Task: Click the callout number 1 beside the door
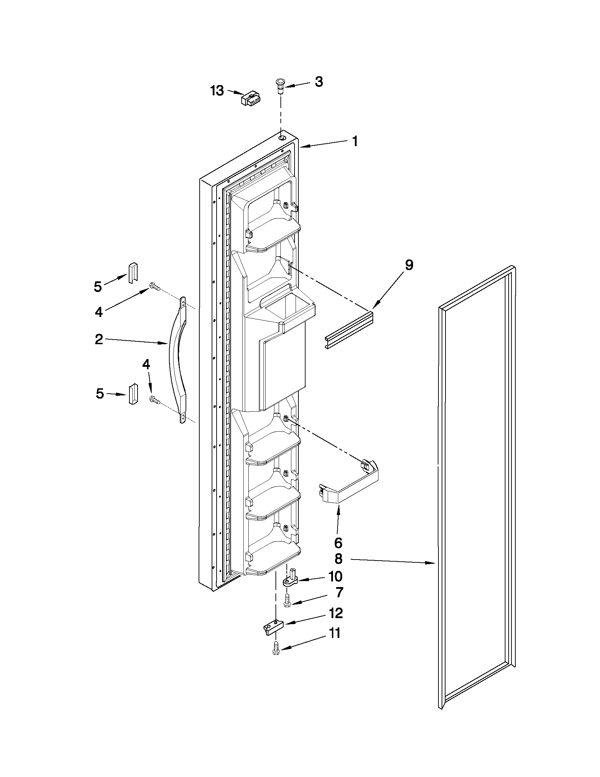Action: pyautogui.click(x=355, y=141)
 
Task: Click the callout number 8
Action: pyautogui.click(x=338, y=559)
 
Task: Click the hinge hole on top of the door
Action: pyautogui.click(x=282, y=138)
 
